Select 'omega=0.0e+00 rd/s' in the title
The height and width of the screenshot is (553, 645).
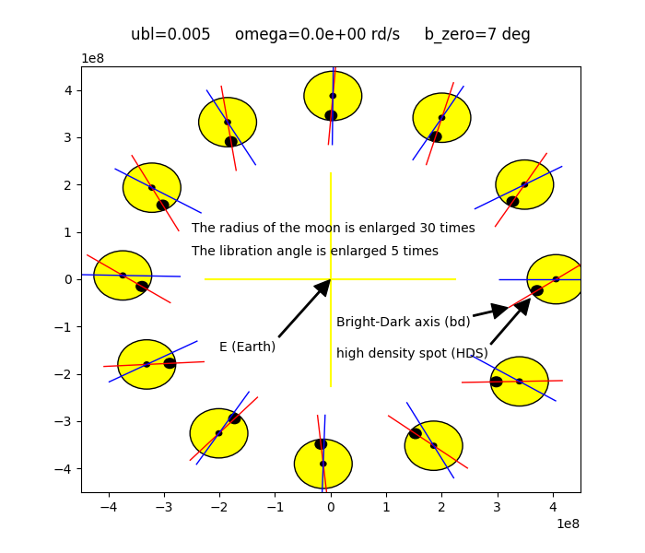coord(317,35)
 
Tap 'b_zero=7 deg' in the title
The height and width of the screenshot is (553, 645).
coord(477,35)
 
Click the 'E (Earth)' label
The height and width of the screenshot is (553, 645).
coord(247,347)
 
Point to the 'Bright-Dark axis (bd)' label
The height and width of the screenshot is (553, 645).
coord(403,322)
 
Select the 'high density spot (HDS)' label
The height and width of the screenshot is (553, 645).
coord(412,353)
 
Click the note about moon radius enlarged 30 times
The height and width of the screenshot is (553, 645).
coord(333,228)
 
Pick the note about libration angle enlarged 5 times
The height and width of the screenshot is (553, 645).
coord(314,251)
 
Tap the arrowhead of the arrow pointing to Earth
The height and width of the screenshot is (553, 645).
coord(322,288)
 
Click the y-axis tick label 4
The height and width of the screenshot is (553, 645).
coord(67,90)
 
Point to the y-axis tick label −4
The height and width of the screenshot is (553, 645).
coord(64,469)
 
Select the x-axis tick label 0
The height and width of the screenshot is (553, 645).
coord(331,505)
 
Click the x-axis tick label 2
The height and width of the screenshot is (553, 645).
coord(441,505)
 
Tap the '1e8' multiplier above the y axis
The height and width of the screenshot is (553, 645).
coord(93,59)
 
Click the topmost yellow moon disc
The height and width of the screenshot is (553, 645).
coord(333,95)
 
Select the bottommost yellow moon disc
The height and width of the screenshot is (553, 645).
coord(323,464)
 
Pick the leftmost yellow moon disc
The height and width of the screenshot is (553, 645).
coord(123,275)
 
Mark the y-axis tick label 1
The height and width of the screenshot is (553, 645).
coord(67,232)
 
